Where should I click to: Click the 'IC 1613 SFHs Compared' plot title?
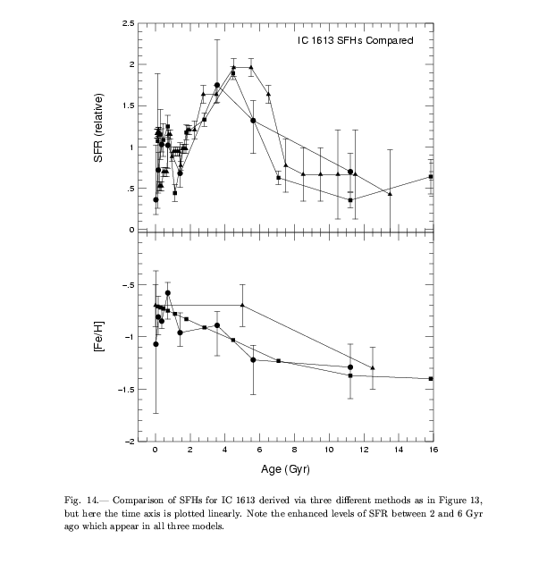coord(356,40)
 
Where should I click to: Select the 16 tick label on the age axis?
coord(431,451)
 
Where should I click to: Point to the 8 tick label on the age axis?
coord(293,451)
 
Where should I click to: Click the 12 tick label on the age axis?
coord(362,451)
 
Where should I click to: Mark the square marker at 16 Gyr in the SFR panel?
coord(431,177)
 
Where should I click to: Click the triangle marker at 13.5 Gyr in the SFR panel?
coord(390,193)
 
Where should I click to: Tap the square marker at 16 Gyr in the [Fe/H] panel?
coord(431,379)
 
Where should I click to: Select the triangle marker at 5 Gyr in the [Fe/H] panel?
coord(242,306)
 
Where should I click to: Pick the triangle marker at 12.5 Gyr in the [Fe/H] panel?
coord(373,367)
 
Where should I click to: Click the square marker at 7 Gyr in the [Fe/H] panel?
coord(279,360)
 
